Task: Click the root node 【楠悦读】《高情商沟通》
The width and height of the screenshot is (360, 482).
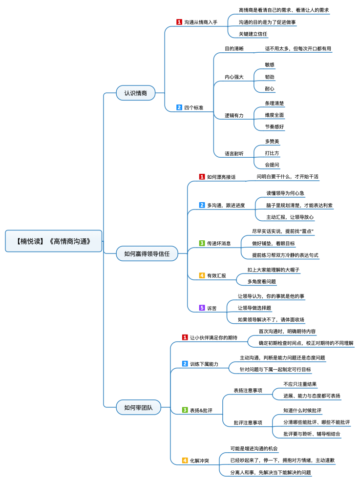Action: tap(54, 241)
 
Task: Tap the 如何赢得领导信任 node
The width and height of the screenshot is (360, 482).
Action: tap(147, 253)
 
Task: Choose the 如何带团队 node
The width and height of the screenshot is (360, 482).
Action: tap(139, 407)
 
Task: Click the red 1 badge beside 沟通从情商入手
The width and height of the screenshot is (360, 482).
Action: tap(179, 22)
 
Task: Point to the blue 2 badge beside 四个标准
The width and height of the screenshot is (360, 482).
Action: tap(179, 107)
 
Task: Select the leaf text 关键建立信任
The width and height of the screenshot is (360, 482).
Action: tap(253, 34)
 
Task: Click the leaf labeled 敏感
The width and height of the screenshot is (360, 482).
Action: tap(270, 65)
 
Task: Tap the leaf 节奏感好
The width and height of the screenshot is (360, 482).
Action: tap(275, 126)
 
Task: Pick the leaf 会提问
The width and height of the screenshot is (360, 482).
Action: tap(272, 165)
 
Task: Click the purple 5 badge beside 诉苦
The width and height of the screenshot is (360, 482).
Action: tap(202, 308)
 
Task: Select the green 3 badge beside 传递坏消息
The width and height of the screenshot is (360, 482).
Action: tap(202, 243)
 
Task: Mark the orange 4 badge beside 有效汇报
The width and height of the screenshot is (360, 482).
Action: tap(202, 275)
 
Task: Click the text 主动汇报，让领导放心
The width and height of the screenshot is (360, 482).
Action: tap(290, 217)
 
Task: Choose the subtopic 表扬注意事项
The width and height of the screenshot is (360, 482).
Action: tap(248, 390)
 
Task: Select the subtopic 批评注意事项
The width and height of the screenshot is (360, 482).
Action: tap(248, 422)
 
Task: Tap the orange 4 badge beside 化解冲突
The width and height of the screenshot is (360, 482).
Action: tap(185, 460)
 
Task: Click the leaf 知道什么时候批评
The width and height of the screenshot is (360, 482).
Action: tap(302, 410)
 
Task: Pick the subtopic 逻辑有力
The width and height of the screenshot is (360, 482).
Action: tap(234, 115)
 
